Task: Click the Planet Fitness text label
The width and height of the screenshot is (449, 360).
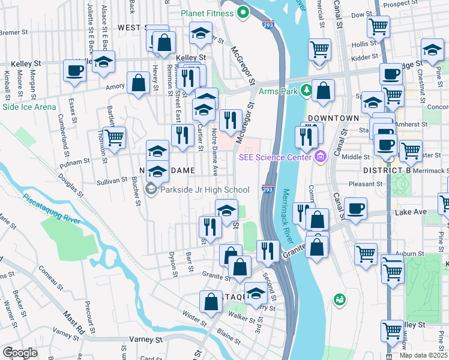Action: pos(209,13)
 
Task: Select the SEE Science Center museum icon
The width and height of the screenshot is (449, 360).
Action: pos(319,157)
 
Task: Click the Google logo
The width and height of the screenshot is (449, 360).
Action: pos(20,352)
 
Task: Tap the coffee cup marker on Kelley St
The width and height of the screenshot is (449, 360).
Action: pos(75,70)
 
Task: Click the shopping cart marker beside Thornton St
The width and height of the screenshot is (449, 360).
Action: pos(114,136)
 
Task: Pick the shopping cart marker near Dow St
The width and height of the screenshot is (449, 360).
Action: pos(379,26)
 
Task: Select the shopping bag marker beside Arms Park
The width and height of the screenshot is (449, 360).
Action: pos(324,91)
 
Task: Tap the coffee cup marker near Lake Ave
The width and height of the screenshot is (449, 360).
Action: pos(356,208)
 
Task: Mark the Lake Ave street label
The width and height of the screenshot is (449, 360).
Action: pos(410,212)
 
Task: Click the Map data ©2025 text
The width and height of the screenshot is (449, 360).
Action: pos(424,355)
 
